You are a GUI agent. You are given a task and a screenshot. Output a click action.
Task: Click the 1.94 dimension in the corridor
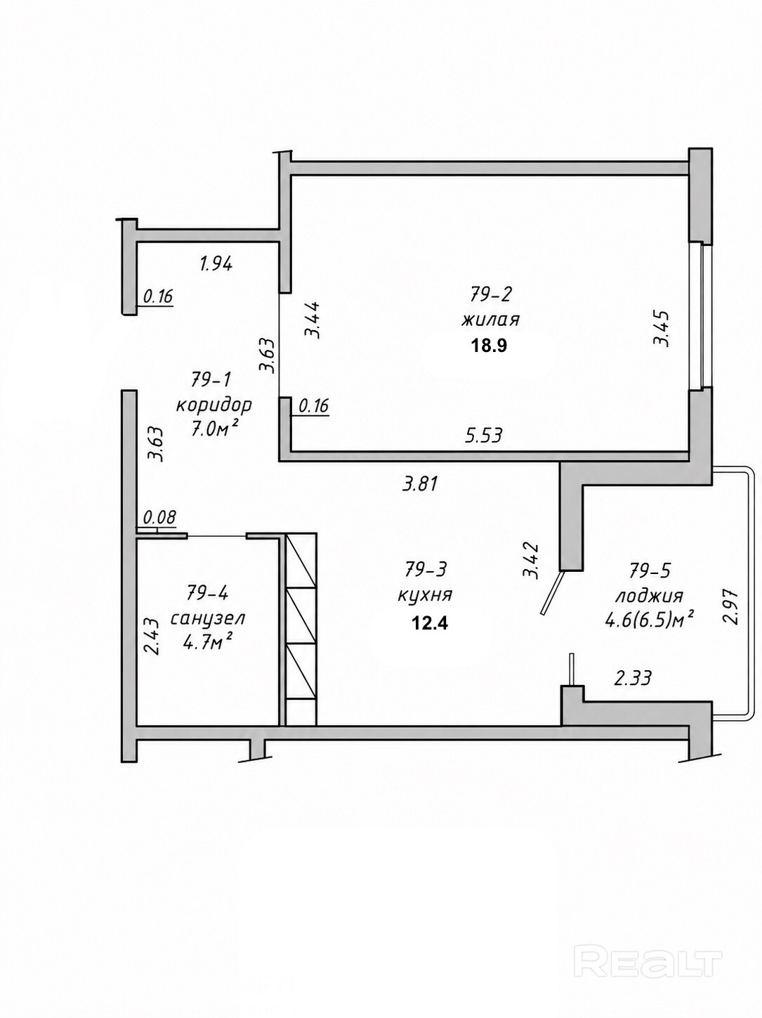click(216, 265)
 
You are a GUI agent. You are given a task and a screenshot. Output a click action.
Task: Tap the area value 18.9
click(490, 346)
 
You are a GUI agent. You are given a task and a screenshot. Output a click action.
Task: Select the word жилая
click(490, 320)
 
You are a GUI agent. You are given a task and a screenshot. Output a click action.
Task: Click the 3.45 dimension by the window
click(660, 328)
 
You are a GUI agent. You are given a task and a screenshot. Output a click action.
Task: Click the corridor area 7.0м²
click(214, 430)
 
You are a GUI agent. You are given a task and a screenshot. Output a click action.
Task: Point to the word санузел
click(208, 618)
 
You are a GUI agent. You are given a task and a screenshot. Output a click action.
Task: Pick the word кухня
click(425, 596)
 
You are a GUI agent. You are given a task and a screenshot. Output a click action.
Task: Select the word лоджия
click(650, 596)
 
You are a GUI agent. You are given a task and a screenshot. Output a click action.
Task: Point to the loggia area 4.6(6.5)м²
click(650, 620)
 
